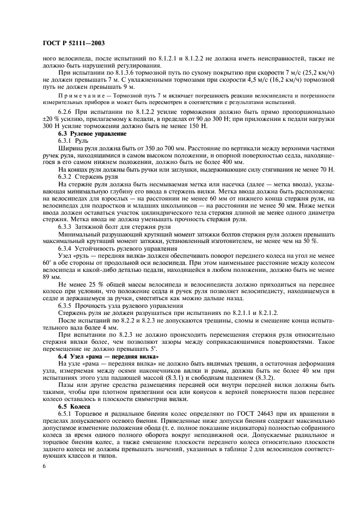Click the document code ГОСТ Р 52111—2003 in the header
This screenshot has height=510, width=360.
coord(74,42)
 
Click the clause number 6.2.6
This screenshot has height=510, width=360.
coord(66,112)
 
